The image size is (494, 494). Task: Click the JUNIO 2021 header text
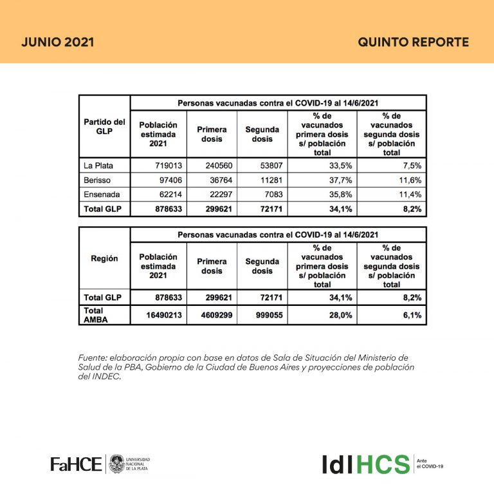[58, 43]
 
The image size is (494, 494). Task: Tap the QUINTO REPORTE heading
[413, 43]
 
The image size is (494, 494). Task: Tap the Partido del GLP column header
[104, 126]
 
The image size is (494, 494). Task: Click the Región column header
[104, 258]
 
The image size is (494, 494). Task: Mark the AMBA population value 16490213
[158, 315]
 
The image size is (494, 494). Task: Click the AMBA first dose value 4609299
[212, 315]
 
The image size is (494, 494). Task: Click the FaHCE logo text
[76, 464]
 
